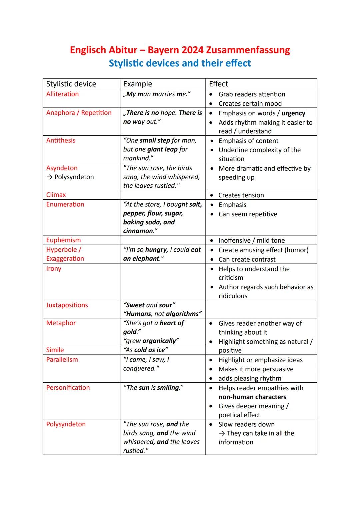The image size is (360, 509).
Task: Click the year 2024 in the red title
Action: coord(193,50)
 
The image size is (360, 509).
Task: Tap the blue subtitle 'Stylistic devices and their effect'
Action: coord(180,63)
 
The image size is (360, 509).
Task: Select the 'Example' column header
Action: coord(137,84)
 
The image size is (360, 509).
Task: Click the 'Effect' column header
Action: coord(218,84)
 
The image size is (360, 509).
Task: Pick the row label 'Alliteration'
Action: coord(62,94)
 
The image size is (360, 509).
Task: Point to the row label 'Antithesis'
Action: coord(61,140)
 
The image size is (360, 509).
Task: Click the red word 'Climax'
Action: coord(56,195)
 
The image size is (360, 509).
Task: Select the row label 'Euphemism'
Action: coord(63,240)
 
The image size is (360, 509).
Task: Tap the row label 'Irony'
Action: coord(54,268)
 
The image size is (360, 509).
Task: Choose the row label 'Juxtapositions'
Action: coord(67,305)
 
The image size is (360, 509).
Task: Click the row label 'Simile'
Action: coord(55,350)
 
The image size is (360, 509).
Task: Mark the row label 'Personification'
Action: coord(68,387)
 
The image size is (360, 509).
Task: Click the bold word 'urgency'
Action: coord(293,113)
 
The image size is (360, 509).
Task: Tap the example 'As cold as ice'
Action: coord(145,350)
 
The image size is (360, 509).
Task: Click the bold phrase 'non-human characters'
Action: coord(252,397)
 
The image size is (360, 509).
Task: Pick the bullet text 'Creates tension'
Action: coord(241,195)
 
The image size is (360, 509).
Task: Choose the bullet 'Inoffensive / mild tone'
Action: coord(251,240)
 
